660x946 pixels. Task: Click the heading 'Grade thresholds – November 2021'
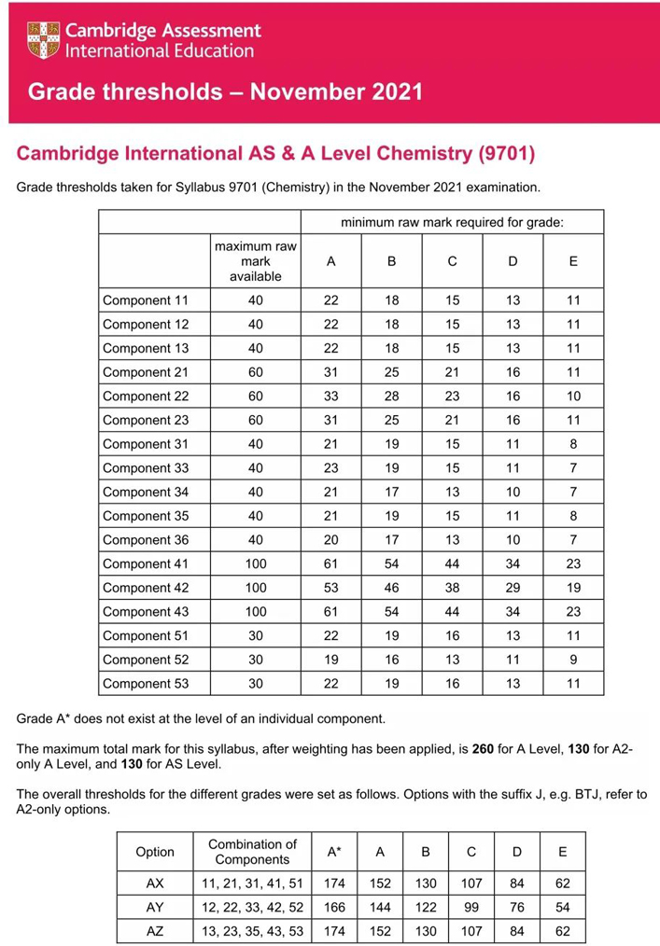point(225,92)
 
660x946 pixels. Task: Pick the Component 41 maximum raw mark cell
point(256,563)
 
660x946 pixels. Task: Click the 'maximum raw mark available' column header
point(256,261)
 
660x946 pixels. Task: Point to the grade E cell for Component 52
point(573,660)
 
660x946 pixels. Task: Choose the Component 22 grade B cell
point(391,396)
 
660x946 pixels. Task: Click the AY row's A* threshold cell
point(334,907)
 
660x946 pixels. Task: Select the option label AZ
point(155,930)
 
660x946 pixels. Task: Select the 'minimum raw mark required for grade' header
point(452,222)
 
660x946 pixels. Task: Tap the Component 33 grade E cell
point(573,468)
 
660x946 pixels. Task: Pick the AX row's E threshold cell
point(562,883)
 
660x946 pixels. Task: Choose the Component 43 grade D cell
point(513,612)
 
